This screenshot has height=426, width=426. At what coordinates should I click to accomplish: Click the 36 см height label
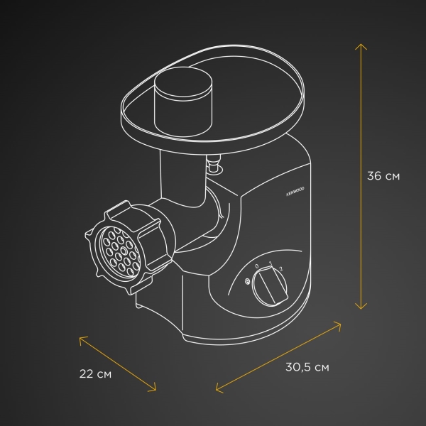(383, 177)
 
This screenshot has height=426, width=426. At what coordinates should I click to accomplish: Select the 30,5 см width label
(307, 368)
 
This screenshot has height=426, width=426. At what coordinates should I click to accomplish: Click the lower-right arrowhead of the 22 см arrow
(154, 388)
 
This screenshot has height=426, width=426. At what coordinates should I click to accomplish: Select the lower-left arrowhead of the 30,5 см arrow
(216, 389)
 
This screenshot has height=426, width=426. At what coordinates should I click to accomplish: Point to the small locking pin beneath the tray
(212, 168)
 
